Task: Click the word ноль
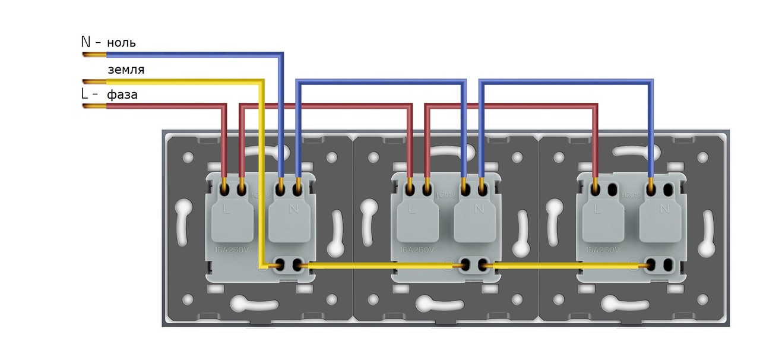click(x=121, y=43)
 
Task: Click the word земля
click(x=125, y=70)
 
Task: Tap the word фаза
click(x=122, y=94)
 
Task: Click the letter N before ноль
click(x=85, y=42)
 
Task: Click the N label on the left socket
click(x=293, y=209)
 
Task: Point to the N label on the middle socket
click(x=479, y=209)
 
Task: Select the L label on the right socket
click(x=597, y=209)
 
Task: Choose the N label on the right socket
click(x=664, y=209)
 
